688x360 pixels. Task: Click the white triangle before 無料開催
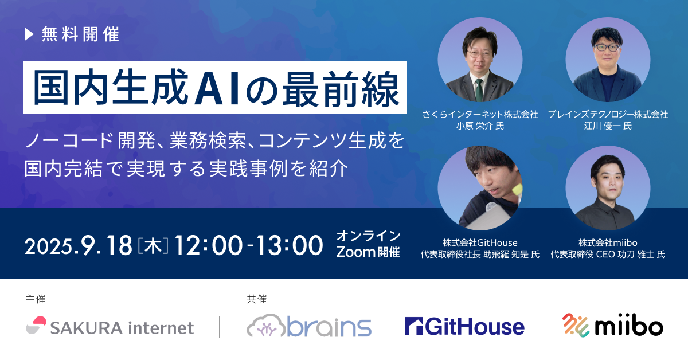29,34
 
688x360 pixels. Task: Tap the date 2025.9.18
79,246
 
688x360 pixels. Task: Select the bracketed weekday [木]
153,246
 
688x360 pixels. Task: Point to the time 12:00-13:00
249,246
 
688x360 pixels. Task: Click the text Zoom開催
368,252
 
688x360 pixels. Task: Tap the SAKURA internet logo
110,326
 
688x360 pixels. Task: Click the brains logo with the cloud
309,326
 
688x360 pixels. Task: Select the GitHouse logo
465,326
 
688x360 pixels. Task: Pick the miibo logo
613,325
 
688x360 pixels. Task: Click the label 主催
36,299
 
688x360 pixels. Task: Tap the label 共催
256,299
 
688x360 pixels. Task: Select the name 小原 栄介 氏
480,126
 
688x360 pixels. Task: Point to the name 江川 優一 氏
608,126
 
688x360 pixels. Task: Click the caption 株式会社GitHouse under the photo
480,242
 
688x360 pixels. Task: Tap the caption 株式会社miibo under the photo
608,242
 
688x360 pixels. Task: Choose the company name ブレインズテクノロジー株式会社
608,114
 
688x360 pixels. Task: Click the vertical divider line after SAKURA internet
219,327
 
